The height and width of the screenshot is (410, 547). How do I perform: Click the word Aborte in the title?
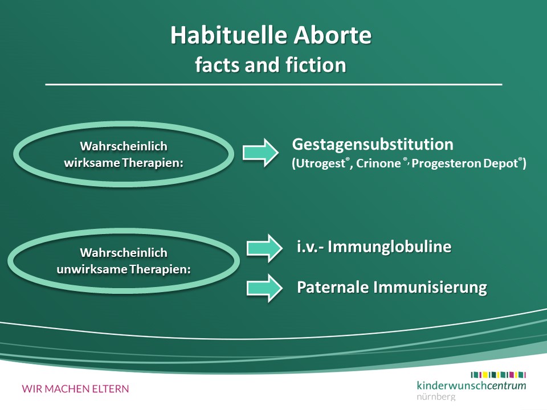point(332,35)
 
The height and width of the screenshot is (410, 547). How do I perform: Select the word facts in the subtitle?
point(217,65)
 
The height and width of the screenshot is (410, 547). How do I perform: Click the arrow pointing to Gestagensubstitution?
point(260,153)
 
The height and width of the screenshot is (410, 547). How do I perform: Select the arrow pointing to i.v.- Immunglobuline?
point(264,248)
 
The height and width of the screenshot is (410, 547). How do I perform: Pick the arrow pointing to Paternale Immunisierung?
point(264,288)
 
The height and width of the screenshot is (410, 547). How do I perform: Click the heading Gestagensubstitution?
point(373,144)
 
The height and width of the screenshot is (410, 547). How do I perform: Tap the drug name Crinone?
point(378,163)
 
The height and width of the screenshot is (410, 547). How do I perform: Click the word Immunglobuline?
point(389,247)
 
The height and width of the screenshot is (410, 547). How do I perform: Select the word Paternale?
point(333,287)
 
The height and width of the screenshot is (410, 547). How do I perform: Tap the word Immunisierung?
point(430,288)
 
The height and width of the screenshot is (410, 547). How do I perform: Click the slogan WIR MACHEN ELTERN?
point(75,389)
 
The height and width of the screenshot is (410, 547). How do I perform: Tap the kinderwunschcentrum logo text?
point(471,386)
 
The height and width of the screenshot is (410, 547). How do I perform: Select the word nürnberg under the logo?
point(436,397)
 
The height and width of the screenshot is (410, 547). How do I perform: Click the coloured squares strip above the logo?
point(498,375)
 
